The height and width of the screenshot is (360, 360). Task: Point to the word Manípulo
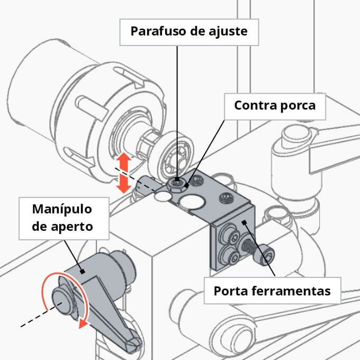62,210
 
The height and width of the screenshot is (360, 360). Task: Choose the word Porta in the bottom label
231,291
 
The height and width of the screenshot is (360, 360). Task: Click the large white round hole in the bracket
192,201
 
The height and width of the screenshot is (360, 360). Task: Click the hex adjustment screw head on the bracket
176,183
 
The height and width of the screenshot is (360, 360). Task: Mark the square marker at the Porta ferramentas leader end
245,223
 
